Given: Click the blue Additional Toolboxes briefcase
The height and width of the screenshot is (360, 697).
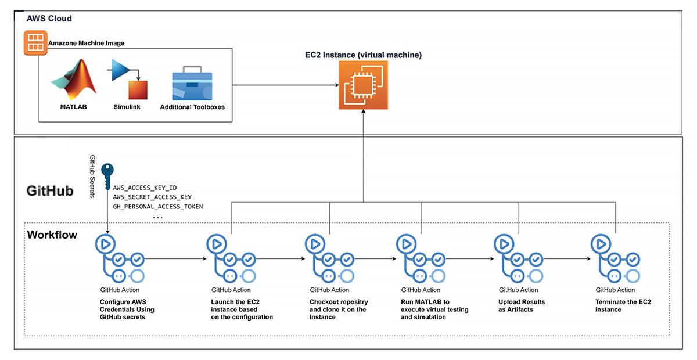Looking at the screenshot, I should click(192, 86).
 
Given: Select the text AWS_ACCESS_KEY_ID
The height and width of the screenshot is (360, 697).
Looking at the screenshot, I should click(145, 188).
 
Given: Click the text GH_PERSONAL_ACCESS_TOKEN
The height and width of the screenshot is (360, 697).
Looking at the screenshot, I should click(157, 206).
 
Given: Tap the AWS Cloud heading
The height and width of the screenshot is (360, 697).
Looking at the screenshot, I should click(49, 19).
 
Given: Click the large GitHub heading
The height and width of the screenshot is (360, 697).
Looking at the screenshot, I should click(50, 190).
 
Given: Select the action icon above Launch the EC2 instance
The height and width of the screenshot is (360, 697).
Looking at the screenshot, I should click(231, 259).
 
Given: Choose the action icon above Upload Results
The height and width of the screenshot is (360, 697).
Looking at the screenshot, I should click(518, 259).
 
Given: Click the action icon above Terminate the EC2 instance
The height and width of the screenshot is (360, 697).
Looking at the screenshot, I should click(615, 259).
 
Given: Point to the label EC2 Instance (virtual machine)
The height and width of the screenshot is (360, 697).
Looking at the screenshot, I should click(364, 55).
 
